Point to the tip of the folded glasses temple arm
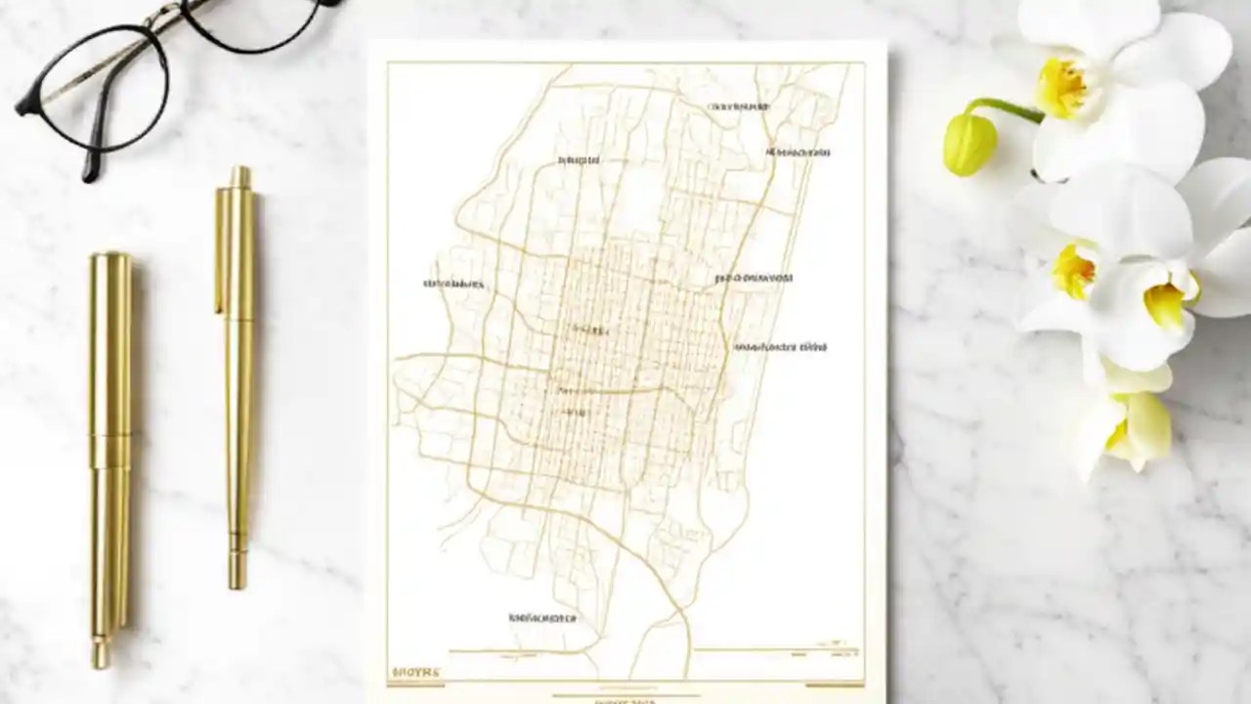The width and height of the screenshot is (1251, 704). [x=91, y=174]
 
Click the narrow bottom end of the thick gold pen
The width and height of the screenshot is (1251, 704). [x=101, y=653]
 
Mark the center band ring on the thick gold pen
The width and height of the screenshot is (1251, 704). [x=109, y=436]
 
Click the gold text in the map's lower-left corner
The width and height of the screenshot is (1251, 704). [x=415, y=673]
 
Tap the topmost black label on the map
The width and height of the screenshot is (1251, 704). [x=738, y=106]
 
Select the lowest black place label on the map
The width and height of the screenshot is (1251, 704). [x=542, y=618]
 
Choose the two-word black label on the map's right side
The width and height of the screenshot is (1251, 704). [x=780, y=346]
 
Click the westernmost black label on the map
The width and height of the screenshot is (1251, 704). [x=453, y=285]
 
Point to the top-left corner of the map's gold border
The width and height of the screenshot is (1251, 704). [x=388, y=64]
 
